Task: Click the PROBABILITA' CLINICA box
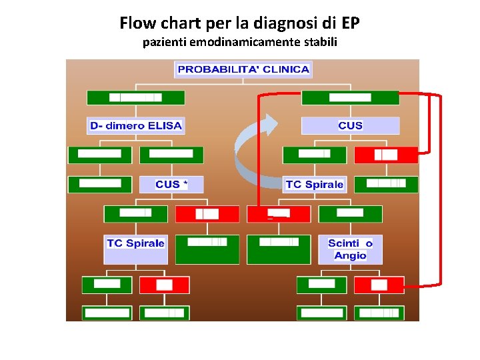tap(243, 69)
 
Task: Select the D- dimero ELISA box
tap(136, 125)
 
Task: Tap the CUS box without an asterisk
tap(350, 125)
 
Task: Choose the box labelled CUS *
tap(171, 184)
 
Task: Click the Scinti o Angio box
tap(350, 249)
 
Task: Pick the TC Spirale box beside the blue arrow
tap(315, 184)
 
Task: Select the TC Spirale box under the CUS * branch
tap(135, 243)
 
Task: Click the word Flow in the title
tap(138, 24)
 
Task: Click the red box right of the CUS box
tap(386, 155)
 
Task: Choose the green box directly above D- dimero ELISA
tap(136, 97)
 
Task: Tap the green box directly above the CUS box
tap(350, 97)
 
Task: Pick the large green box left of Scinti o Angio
tap(279, 249)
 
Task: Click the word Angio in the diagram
tap(350, 255)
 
